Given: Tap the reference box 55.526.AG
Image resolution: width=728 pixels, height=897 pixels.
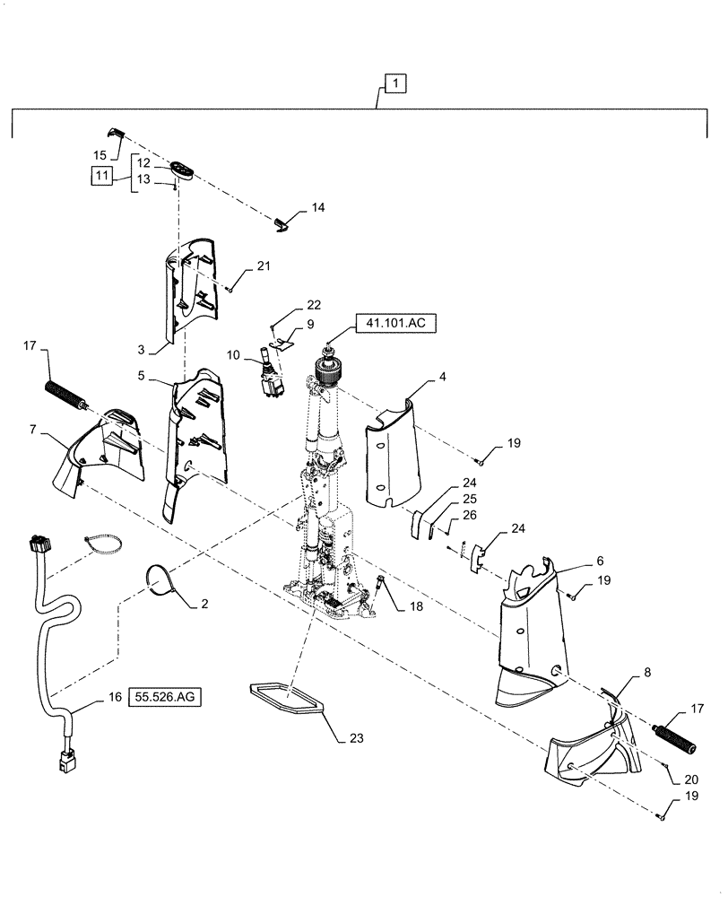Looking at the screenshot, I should [165, 695].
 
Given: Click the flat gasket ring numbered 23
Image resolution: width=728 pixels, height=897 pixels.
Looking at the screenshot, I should [285, 698].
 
